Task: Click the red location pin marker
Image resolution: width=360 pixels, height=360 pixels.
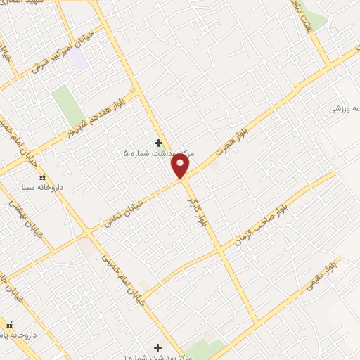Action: (181, 166)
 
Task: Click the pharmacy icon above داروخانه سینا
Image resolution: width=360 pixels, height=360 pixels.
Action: (42, 177)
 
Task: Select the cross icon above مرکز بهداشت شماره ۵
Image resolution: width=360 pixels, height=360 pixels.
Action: (158, 142)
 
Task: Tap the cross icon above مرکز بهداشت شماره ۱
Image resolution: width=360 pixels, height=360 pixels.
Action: (157, 347)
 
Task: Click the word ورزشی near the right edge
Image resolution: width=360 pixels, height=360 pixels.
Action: (339, 110)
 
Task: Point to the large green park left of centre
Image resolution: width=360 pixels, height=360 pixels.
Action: (68, 103)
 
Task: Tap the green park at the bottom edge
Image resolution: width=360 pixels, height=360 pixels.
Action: (207, 349)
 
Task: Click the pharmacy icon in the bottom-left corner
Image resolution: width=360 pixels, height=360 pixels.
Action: (9, 325)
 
